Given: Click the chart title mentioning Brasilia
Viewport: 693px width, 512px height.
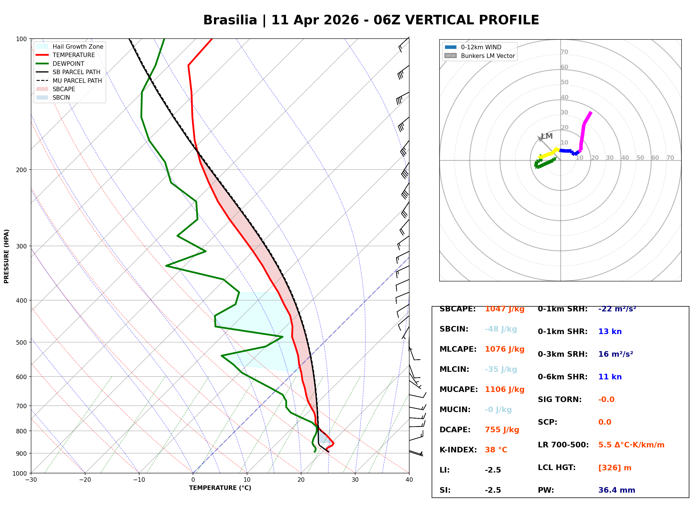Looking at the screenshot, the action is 371,20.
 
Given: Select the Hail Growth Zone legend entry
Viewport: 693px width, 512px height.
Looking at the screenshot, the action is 69,46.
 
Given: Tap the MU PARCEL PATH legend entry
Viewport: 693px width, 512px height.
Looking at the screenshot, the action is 69,81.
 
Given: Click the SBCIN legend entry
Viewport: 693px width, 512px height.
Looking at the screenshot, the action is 53,98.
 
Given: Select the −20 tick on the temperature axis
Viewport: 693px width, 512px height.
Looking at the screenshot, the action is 85,480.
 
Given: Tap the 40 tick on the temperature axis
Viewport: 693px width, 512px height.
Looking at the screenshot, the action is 409,480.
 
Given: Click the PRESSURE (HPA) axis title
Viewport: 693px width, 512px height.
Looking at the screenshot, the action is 6,256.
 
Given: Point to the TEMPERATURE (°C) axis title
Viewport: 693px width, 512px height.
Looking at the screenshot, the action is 220,488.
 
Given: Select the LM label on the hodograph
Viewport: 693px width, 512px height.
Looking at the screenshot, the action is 547,136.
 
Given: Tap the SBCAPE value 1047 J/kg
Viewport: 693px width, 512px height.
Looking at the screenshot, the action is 505,309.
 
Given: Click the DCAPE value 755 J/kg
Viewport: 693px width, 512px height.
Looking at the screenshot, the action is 502,430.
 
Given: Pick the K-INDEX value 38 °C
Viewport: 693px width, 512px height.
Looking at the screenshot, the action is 496,450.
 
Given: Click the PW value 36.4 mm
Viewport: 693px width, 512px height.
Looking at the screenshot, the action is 617,490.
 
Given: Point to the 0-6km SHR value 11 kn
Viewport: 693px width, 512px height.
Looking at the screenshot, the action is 610,377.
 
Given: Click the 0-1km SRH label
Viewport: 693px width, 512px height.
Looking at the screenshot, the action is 563,309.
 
